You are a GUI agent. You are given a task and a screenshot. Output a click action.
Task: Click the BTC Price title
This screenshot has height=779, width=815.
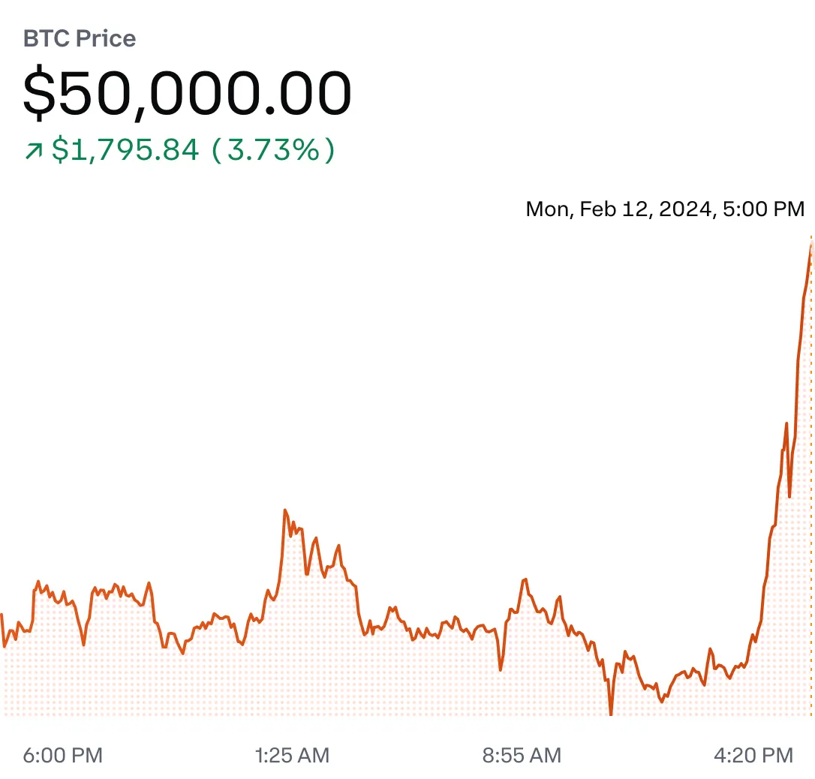coord(80,39)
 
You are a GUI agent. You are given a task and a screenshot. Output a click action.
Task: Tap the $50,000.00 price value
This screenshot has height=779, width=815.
coord(187,94)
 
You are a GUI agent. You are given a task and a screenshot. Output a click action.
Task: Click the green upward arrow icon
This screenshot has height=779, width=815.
coord(33,151)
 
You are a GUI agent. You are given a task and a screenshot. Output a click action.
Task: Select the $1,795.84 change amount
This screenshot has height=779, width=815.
coord(125,150)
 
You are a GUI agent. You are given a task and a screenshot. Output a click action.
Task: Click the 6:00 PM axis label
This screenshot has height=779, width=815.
coord(62,755)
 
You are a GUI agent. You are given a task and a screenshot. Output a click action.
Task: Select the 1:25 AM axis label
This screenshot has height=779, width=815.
coord(293,755)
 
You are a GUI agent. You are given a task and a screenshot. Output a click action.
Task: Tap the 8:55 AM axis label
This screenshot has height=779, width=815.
coord(522,755)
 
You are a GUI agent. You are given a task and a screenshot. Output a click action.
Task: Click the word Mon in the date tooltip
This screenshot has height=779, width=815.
coord(547,208)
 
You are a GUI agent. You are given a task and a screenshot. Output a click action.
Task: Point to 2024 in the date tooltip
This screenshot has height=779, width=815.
coord(684,208)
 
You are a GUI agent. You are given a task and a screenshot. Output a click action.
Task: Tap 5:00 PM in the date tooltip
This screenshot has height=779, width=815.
coord(764,208)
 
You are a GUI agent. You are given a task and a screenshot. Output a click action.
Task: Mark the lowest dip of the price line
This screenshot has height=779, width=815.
coord(611,714)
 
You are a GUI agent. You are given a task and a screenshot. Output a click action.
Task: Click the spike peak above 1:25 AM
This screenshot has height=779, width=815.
coord(285,510)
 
